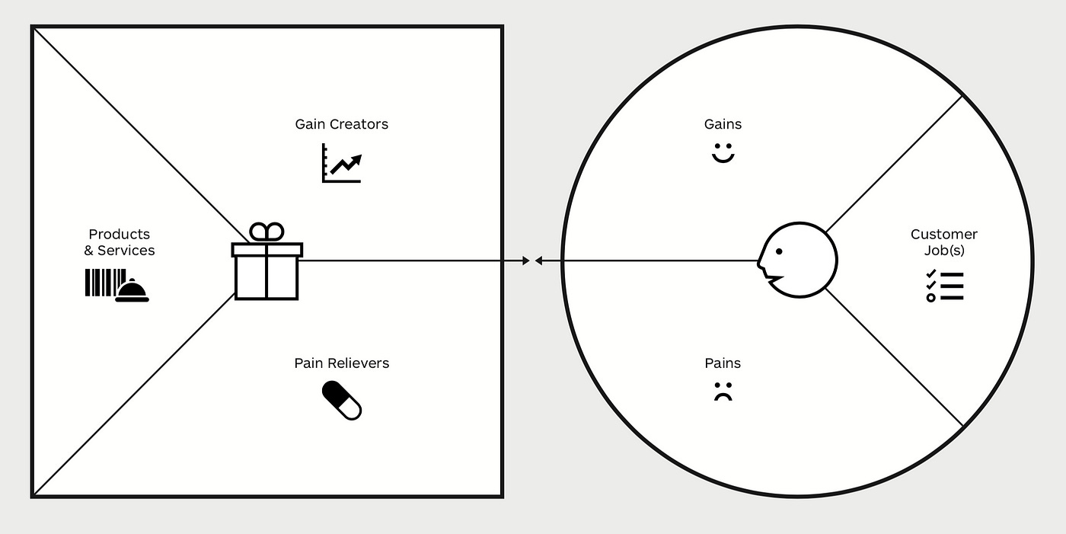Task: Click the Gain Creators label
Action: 341,124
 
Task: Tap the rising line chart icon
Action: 342,163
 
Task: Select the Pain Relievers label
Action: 341,363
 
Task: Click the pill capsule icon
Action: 342,401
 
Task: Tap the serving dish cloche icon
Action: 132,291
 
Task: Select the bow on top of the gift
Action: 266,231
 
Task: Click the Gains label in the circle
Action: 723,124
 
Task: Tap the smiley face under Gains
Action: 723,152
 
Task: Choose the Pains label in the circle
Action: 723,363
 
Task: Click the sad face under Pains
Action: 723,392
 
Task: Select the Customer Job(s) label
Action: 943,242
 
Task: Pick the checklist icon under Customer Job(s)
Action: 944,286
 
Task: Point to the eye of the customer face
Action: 779,251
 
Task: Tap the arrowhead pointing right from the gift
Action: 525,261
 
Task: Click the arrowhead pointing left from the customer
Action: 538,261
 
